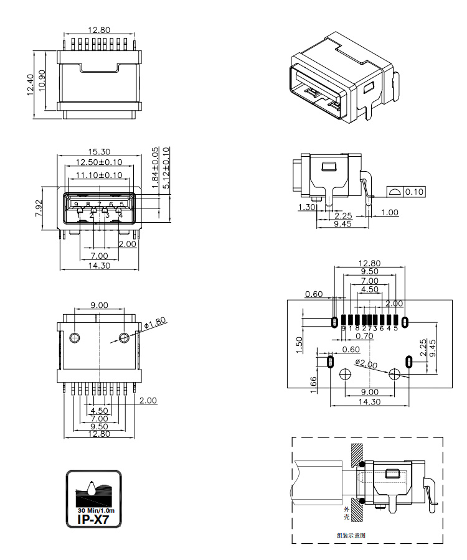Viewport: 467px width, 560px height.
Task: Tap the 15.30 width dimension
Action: point(99,151)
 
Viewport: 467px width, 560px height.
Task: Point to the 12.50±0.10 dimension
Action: point(99,162)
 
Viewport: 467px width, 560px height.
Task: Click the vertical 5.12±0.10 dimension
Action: point(166,168)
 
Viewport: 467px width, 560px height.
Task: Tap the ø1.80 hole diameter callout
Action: point(154,324)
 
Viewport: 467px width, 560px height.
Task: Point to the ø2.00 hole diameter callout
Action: point(366,363)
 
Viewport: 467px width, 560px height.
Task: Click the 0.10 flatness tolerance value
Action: point(415,192)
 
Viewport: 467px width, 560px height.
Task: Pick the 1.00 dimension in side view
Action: point(390,213)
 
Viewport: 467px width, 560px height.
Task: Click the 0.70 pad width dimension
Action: point(373,336)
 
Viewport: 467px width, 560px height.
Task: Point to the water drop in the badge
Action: point(92,487)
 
